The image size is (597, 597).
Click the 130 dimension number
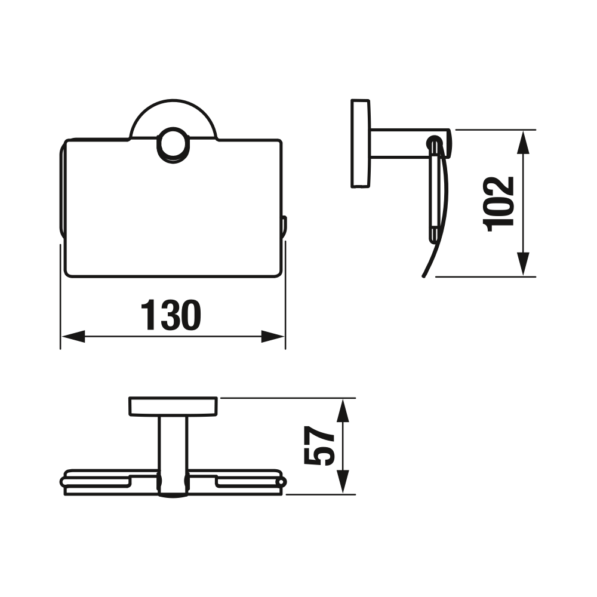[x=171, y=315]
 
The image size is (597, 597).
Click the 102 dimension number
[x=498, y=204]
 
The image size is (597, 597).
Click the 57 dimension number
[x=319, y=445]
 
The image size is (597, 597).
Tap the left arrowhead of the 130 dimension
[x=73, y=337]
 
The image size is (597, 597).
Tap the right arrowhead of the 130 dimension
[x=273, y=337]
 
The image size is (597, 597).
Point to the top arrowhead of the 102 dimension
[x=524, y=141]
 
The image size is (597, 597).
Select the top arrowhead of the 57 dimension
[x=343, y=410]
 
